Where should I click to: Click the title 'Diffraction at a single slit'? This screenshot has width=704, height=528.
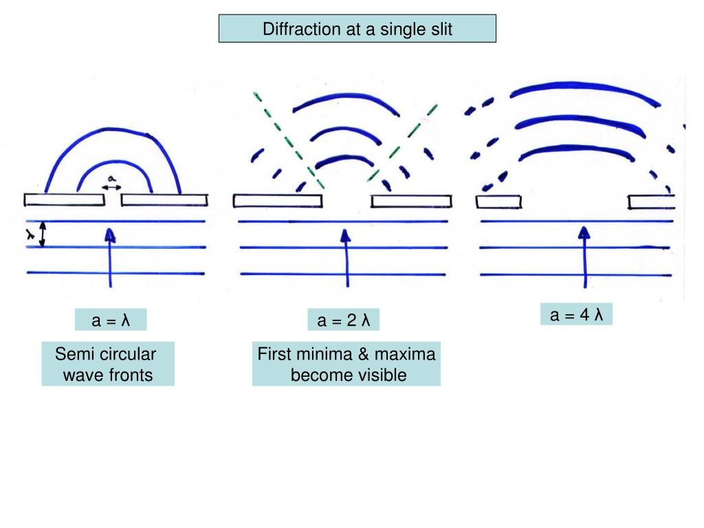coord(357,29)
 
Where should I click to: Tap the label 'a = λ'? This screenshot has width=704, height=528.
coord(111,320)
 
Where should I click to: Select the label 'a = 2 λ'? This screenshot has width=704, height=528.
coord(343,320)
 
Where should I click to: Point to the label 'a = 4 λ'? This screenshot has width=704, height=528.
coord(576,315)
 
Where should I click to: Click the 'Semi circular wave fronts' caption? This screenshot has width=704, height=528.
coord(108,364)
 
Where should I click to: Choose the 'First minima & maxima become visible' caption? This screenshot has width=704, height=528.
coord(346,364)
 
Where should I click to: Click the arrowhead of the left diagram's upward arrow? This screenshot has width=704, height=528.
coord(110,236)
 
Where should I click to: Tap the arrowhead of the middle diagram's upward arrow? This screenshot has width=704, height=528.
coord(346,236)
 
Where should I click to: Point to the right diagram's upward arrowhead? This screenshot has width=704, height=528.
coord(584,232)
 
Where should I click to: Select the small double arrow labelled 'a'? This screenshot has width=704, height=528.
coord(111,186)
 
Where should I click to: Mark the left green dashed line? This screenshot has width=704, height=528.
coord(288,140)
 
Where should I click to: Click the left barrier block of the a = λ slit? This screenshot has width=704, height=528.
coord(60,199)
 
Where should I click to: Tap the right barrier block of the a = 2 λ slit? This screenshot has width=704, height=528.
coord(412,200)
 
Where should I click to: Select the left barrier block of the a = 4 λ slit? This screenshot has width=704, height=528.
coord(498,201)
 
